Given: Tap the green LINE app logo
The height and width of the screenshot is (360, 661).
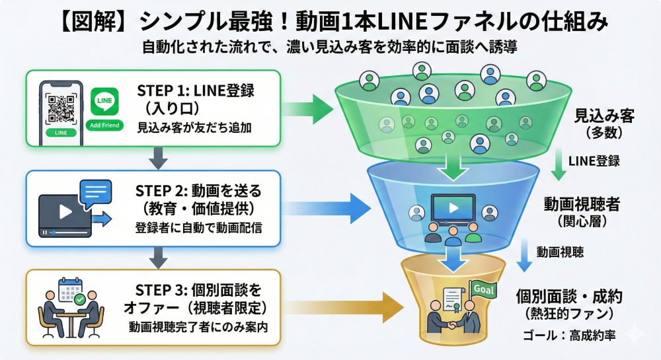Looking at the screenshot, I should click(x=104, y=102).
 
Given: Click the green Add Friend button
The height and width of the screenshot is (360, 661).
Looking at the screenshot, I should click(x=104, y=126).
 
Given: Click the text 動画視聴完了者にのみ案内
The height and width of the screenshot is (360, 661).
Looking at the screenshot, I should click(x=198, y=326).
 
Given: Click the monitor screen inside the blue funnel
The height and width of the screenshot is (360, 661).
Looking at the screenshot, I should click(x=453, y=207).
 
